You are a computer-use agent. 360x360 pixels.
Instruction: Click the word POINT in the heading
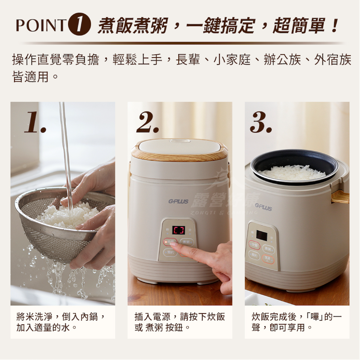(x=41, y=26)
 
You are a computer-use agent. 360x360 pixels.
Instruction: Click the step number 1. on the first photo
(x=35, y=122)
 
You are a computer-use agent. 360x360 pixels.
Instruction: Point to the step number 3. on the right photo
(x=261, y=122)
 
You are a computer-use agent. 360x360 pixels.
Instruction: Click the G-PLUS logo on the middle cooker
(x=178, y=201)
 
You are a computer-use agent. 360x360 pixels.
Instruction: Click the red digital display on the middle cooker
(x=179, y=230)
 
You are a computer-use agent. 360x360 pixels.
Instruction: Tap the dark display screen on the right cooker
(x=261, y=235)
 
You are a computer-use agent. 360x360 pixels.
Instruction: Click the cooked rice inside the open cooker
(x=288, y=173)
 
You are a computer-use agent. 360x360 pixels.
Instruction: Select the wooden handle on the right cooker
(x=340, y=197)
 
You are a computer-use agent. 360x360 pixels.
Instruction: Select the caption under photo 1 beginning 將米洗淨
(x=61, y=322)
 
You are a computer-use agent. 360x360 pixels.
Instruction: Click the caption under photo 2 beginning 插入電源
(x=179, y=322)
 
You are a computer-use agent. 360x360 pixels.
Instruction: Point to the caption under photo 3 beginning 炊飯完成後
(x=296, y=322)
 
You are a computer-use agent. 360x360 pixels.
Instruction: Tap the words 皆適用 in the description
(x=30, y=77)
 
